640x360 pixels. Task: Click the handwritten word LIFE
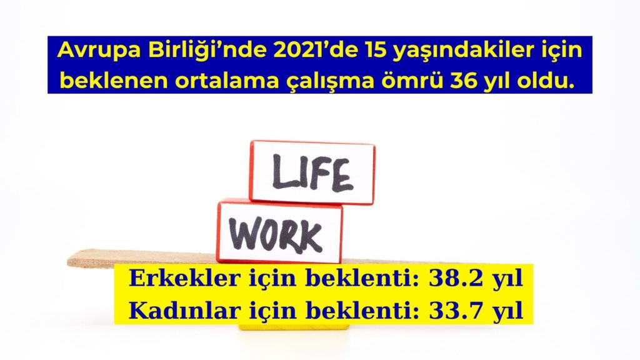(311, 173)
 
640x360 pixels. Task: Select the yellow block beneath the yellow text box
(294, 327)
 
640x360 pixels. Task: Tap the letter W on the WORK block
(245, 234)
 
